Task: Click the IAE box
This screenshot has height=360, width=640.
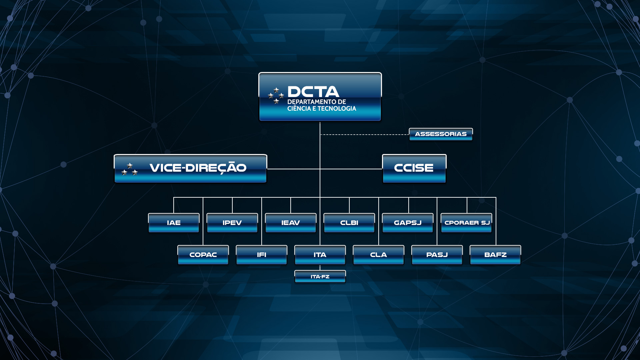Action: coord(174,223)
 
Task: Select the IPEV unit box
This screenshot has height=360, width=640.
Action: coord(232,223)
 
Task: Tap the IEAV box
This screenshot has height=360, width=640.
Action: coord(290,223)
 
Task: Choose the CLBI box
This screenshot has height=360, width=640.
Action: coord(349,223)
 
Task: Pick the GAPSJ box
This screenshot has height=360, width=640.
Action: coord(408,223)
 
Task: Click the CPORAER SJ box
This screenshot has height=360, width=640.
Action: coord(466,223)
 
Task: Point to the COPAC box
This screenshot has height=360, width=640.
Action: coord(203,255)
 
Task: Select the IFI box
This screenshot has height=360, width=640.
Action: coord(261,255)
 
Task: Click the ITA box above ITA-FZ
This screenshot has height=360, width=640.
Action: coord(320,255)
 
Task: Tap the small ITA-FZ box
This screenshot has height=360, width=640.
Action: coord(320,277)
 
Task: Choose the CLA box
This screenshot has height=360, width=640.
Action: coord(378,255)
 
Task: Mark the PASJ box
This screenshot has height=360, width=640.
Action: coord(437,255)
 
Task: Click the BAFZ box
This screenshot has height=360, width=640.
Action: coord(495,255)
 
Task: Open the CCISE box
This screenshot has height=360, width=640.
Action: coord(414,168)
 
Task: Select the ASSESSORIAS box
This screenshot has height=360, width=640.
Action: coord(441,134)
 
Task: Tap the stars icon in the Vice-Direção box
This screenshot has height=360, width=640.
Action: coord(129,170)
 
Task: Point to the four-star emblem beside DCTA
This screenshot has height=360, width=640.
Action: coord(276,96)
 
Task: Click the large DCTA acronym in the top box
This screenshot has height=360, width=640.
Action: coord(313,92)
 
